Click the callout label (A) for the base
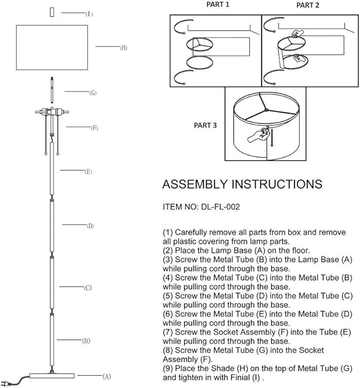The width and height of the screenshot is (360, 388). (107, 376)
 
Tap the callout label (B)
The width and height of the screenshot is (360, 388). (86, 340)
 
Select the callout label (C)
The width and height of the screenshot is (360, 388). (88, 288)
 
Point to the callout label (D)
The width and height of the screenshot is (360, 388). (90, 226)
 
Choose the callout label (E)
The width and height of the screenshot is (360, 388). (89, 172)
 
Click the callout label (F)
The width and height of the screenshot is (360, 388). (94, 128)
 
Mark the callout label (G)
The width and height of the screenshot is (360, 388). (93, 93)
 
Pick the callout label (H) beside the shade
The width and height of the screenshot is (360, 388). (123, 48)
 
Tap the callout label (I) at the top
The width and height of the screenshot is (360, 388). (90, 14)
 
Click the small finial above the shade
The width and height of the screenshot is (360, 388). (51, 12)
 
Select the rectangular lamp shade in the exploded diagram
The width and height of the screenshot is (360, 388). (51, 47)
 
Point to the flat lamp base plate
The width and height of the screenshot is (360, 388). (51, 375)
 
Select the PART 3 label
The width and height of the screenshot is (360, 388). (204, 126)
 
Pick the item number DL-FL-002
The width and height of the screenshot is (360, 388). (221, 207)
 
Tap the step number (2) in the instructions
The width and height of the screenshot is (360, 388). (168, 251)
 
